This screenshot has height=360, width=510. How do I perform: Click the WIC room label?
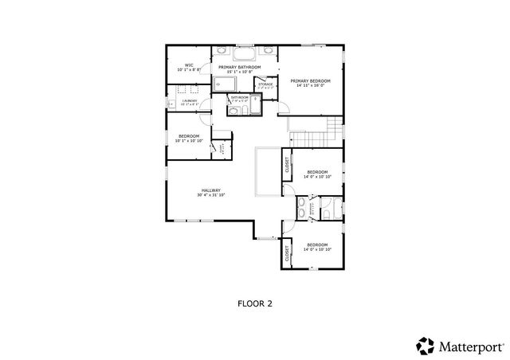coord(189,65)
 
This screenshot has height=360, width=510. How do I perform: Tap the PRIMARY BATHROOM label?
coord(239,67)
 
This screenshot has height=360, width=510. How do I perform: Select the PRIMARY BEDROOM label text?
coord(310,80)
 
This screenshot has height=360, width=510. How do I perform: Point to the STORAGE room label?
coord(265,83)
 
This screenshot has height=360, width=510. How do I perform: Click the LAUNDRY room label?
coord(190,101)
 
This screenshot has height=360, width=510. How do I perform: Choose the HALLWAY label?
coord(211,190)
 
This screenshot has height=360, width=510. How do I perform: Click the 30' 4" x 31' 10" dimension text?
coord(211,195)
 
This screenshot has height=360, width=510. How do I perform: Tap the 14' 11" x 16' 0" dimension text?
coord(310,86)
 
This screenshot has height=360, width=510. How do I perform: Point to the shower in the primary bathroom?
coord(224,84)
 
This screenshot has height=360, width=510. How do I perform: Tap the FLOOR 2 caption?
coord(255,303)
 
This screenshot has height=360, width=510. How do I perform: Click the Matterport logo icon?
coord(425,346)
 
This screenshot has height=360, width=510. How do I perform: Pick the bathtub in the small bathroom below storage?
coord(235,111)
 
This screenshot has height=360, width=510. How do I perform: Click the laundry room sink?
coord(171,104)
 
